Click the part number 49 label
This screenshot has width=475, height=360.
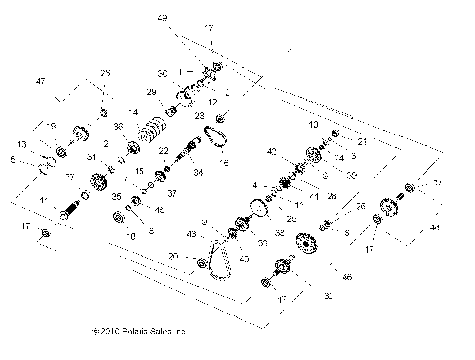[162, 18]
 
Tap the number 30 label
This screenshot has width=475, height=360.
[162, 74]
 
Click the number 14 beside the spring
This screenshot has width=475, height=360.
[133, 111]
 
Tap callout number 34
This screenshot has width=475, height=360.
[198, 173]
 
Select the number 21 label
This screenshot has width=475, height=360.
[363, 142]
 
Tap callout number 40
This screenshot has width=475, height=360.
[271, 151]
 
